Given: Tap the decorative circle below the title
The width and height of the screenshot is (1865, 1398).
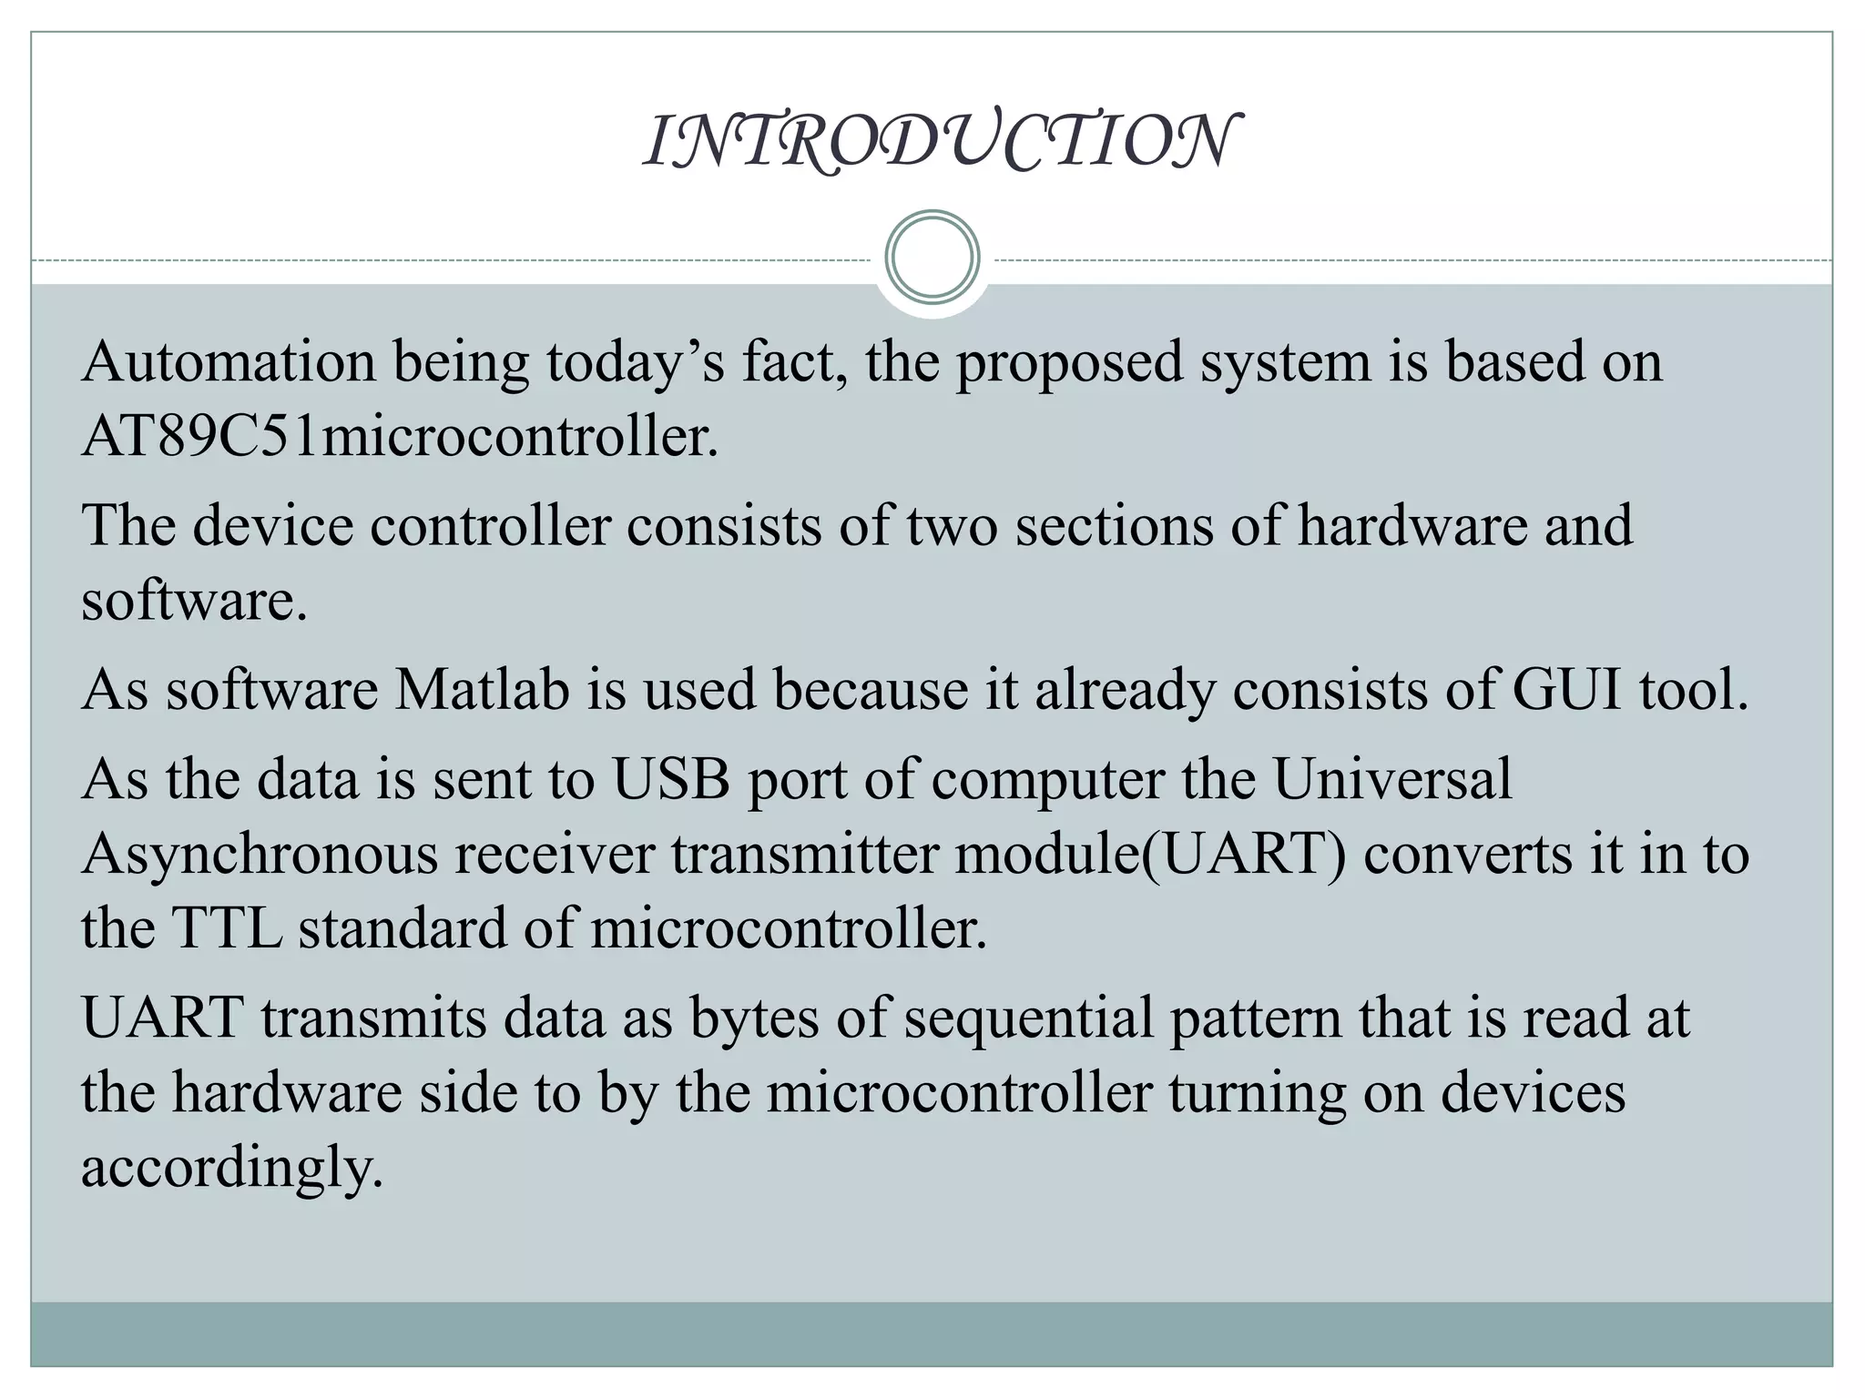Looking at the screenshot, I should tap(932, 258).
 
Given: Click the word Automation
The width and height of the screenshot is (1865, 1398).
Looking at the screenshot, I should tap(229, 361).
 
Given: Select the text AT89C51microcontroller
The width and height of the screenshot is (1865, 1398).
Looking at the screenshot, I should tap(400, 437).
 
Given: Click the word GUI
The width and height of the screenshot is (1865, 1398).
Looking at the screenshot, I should tap(1566, 689).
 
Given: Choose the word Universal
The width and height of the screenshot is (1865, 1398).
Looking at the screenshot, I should tap(1391, 779).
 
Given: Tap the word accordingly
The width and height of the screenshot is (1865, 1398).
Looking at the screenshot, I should tap(231, 1168).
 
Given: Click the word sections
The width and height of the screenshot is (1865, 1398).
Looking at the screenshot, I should tap(1114, 526).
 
